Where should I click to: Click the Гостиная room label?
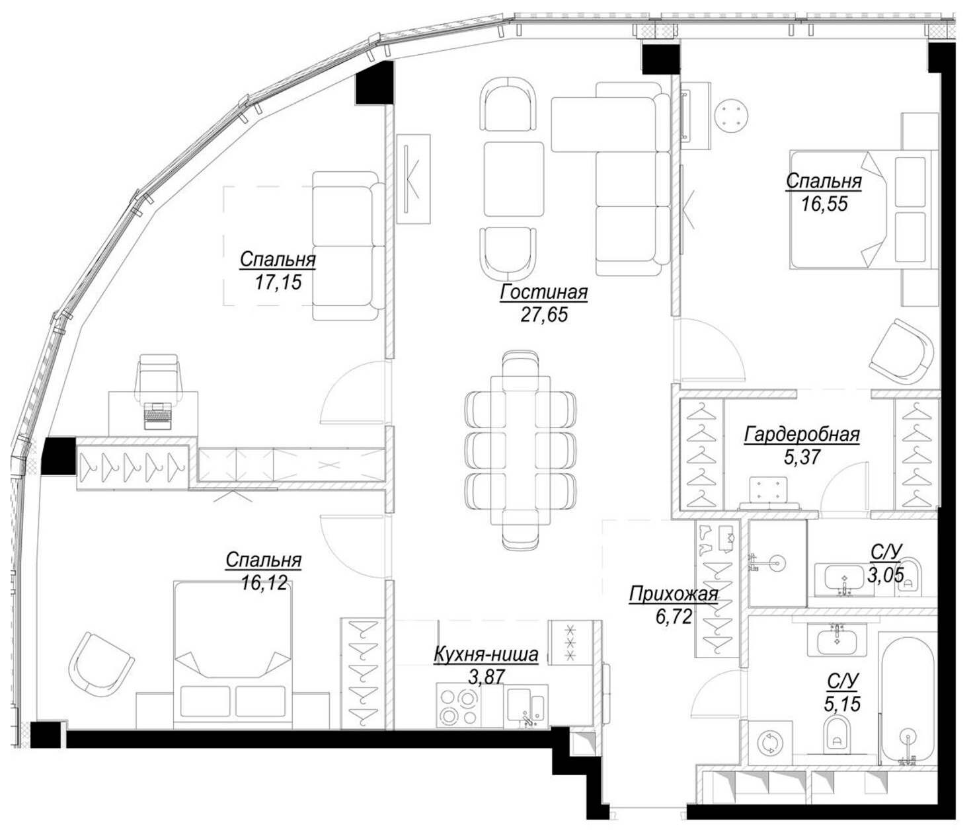(544, 292)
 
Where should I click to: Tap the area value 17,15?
(278, 282)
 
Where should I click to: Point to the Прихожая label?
(674, 595)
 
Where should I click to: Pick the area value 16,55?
(824, 204)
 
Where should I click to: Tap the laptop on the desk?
(158, 416)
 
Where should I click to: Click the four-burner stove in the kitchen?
(459, 706)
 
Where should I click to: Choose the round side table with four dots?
(731, 115)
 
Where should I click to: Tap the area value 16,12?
(264, 583)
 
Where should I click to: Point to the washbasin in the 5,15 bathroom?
(836, 639)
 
